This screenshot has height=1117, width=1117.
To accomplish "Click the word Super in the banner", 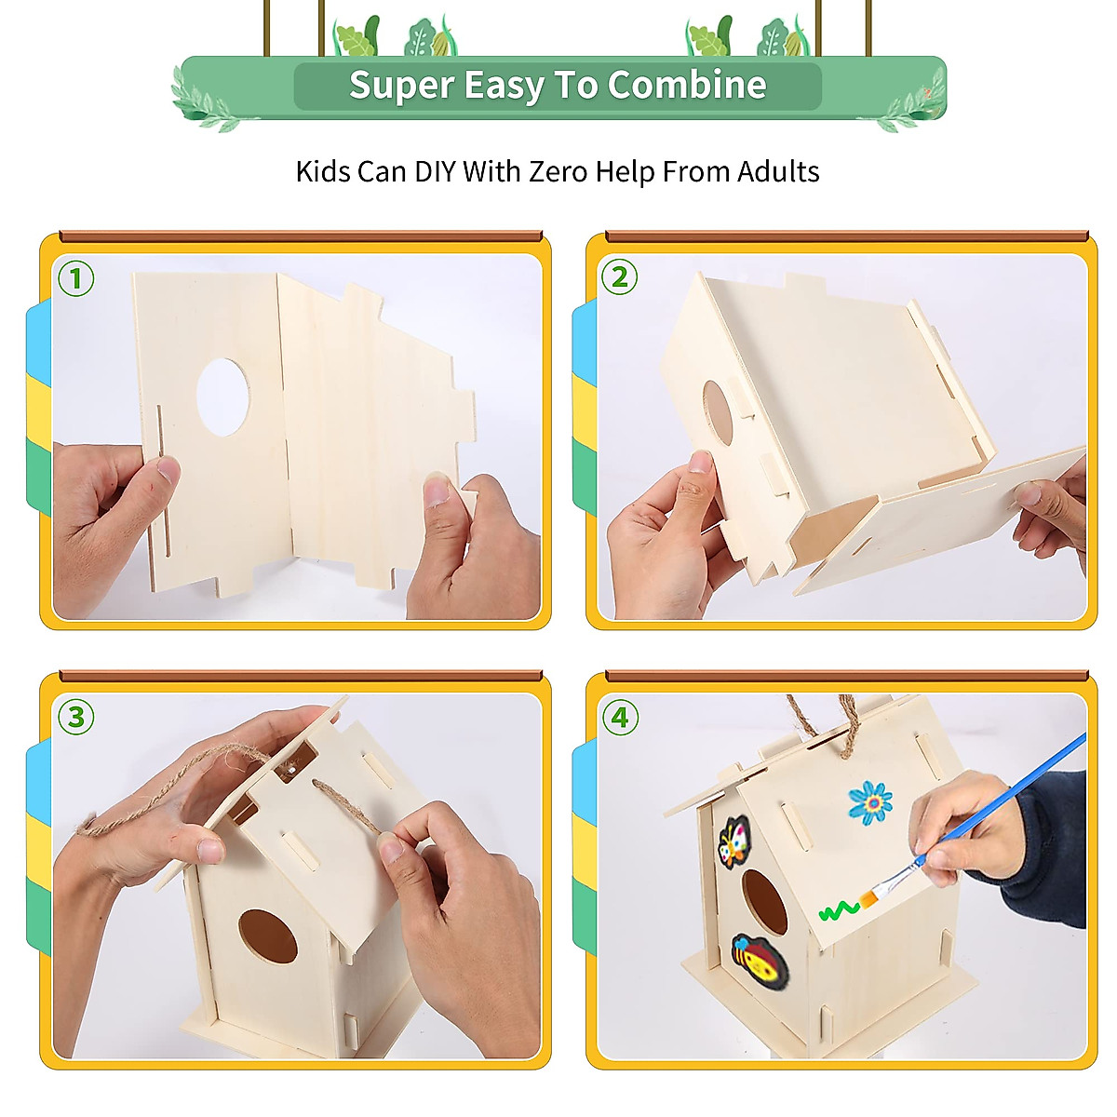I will tap(401, 86).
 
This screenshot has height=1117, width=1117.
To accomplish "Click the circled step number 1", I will tap(76, 278).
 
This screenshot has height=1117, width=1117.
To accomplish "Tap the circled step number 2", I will tap(620, 277).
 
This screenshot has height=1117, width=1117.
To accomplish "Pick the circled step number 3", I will tap(76, 717).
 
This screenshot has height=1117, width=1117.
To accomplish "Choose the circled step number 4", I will tap(620, 717).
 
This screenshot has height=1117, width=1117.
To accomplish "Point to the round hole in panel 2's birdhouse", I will tap(718, 410).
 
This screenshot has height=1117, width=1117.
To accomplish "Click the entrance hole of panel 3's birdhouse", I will tap(267, 936).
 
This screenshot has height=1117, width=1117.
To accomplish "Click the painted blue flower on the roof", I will tap(870, 802).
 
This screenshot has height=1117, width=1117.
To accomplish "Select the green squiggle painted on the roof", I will tap(838, 909).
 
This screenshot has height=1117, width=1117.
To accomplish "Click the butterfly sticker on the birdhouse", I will tap(734, 841).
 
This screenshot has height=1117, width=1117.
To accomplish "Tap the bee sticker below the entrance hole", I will tap(760, 962).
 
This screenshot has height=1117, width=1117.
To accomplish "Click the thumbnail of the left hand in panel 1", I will tap(168, 469).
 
